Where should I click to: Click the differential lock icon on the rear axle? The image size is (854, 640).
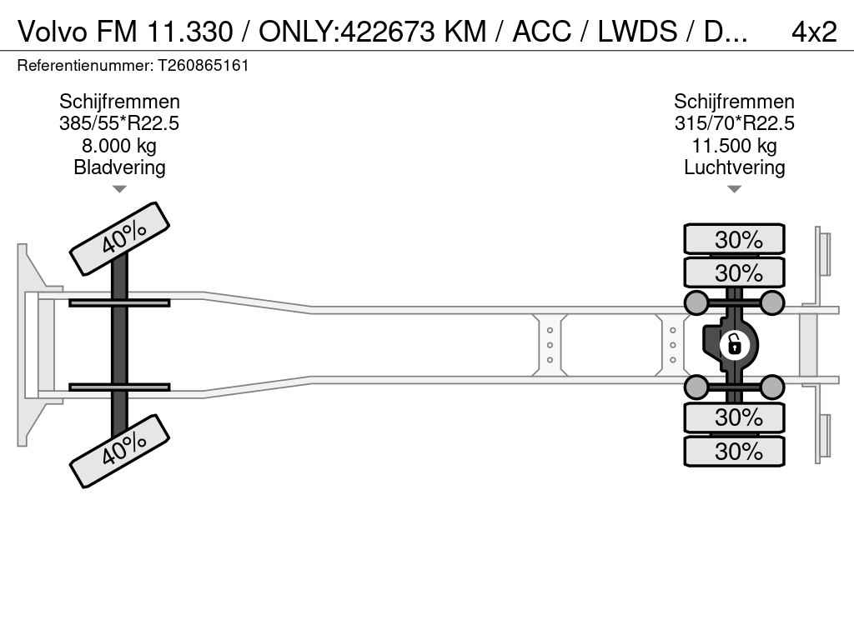coord(734,343)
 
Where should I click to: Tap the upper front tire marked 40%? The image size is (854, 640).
coord(119,238)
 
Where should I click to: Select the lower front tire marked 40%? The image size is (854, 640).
coord(119,451)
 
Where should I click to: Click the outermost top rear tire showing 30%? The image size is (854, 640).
coord(734,239)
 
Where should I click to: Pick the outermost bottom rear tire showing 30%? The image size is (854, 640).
coord(734,451)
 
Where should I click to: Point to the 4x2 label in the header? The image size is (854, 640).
coord(813,31)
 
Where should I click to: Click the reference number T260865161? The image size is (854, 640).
coord(197,65)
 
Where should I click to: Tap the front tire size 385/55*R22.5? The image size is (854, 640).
coord(119,123)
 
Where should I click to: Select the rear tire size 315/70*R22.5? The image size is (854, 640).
coord(734,123)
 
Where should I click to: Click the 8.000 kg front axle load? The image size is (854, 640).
coord(119,146)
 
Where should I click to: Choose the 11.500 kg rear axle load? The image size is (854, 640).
coord(734,146)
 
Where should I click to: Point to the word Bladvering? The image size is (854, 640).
coord(119,167)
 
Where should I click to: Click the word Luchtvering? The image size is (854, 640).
coord(734,167)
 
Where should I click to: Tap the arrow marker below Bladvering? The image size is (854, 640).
coord(119,189)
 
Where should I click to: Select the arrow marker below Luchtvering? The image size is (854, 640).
coord(734,189)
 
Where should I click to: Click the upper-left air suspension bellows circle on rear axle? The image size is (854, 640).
coord(696,302)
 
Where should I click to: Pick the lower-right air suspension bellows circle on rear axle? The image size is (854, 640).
coord(772,387)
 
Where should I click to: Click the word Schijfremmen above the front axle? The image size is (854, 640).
coord(119,102)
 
